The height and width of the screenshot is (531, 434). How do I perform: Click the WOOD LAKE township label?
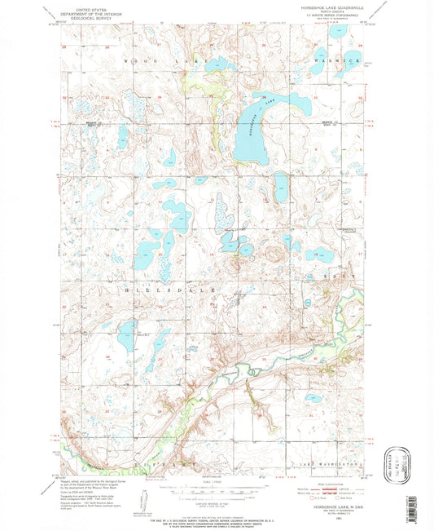[x=142, y=60]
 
